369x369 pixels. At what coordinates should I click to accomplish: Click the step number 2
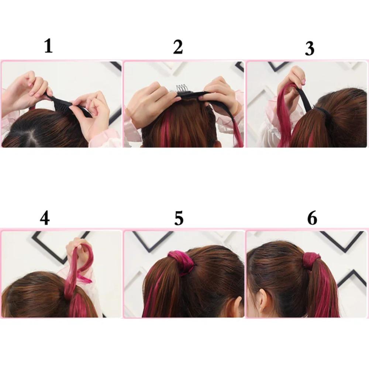(178, 47)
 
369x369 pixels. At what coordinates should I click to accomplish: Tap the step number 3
(309, 49)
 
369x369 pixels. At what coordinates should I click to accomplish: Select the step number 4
(45, 218)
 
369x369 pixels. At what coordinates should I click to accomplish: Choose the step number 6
(312, 218)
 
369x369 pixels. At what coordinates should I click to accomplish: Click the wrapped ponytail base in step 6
(312, 261)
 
